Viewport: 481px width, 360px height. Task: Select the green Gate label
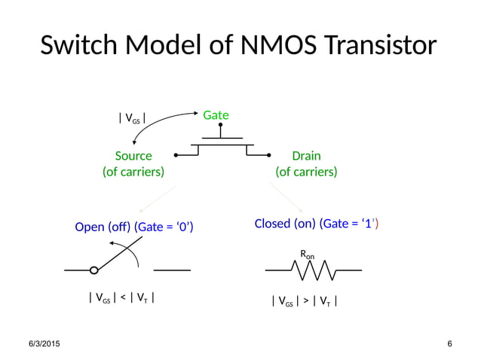tap(216, 115)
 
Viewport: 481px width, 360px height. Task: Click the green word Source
tap(133, 156)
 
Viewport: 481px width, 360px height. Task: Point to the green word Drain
tap(306, 156)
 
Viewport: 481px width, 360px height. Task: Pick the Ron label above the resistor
tap(308, 255)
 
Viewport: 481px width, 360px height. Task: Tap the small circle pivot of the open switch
tap(93, 270)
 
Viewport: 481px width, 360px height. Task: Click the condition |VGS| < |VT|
tap(122, 297)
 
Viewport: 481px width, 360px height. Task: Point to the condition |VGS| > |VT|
tap(304, 302)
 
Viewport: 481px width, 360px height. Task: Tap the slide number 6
tap(449, 344)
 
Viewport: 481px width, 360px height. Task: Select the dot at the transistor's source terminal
tap(176, 156)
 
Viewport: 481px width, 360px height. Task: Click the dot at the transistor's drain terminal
tap(269, 156)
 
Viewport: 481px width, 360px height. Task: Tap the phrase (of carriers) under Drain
tap(306, 172)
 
